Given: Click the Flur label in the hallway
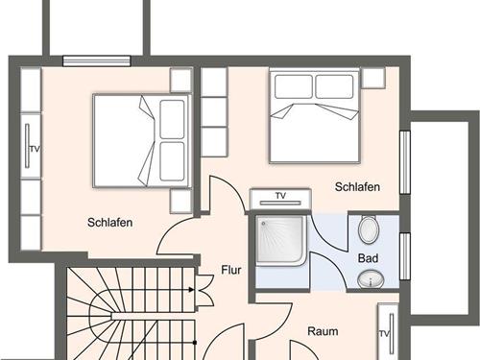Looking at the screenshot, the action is (231, 270).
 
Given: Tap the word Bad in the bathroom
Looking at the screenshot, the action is (368, 258).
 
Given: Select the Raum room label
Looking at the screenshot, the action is (323, 331).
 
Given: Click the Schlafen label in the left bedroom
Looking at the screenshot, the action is (110, 223).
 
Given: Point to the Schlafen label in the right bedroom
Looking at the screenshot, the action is (357, 187).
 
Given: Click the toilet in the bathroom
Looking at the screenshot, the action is (369, 229).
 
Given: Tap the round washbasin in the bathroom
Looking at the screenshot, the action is (371, 279).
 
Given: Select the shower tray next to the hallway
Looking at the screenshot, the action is (281, 240).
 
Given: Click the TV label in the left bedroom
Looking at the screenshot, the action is (35, 149).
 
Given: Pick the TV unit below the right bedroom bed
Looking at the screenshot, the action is (280, 199).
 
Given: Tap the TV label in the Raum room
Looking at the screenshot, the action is (384, 334).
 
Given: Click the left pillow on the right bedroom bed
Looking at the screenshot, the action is (294, 86).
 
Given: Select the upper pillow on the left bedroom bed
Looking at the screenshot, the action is (172, 119).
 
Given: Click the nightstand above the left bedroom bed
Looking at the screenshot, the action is (180, 81).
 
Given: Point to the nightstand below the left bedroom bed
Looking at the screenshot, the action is (180, 201).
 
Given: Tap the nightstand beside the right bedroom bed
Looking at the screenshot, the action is (373, 78).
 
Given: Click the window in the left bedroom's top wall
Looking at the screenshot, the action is (97, 60).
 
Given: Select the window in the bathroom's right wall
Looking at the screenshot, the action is (405, 256).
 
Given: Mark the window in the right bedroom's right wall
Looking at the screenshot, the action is (405, 162).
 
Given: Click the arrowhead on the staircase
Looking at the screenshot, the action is (191, 290).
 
